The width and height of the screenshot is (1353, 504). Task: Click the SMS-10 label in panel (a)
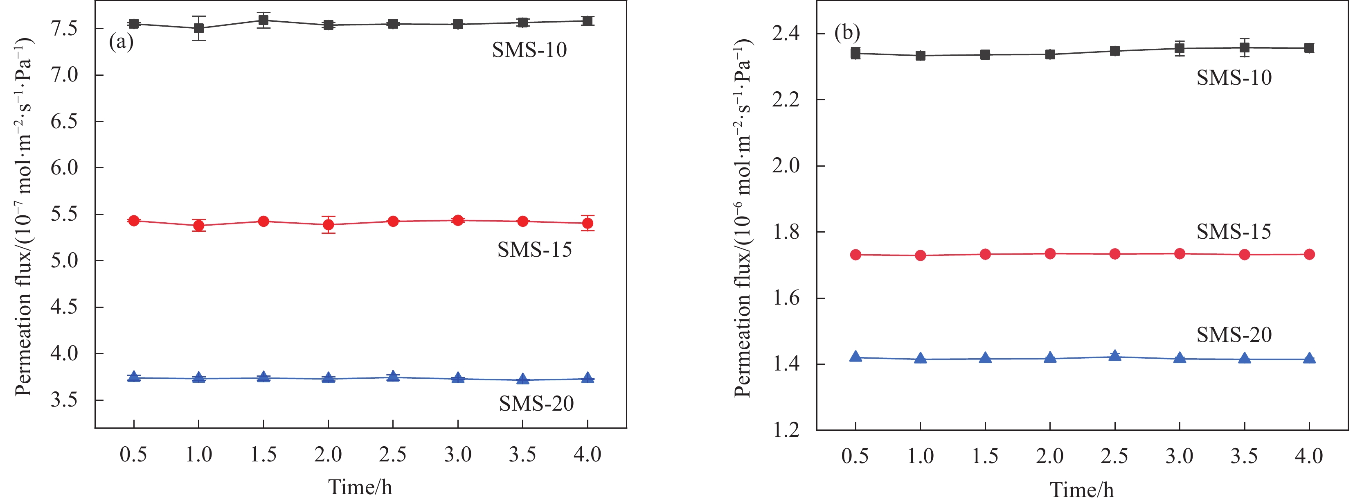coord(529,50)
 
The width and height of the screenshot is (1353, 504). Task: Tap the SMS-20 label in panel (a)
coord(536,404)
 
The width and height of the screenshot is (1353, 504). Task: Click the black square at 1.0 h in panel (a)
coord(198,28)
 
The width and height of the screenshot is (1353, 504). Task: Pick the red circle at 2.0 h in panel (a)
coord(328,225)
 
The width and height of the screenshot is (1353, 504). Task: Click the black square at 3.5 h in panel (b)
coord(1244,48)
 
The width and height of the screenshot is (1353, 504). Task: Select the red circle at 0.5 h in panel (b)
coord(855,255)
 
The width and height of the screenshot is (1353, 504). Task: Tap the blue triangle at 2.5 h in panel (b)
coord(1114,356)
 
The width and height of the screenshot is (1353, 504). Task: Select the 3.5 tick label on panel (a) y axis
coord(64,400)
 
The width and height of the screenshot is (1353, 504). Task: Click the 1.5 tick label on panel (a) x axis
coord(263,454)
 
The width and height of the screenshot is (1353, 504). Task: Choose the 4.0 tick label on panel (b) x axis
coord(1308,456)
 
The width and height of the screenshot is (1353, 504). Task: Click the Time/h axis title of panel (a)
coord(360,487)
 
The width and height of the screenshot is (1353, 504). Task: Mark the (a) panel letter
coord(121,41)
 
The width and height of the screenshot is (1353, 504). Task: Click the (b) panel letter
coord(846,33)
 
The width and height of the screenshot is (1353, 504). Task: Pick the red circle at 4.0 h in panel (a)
coord(588,224)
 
